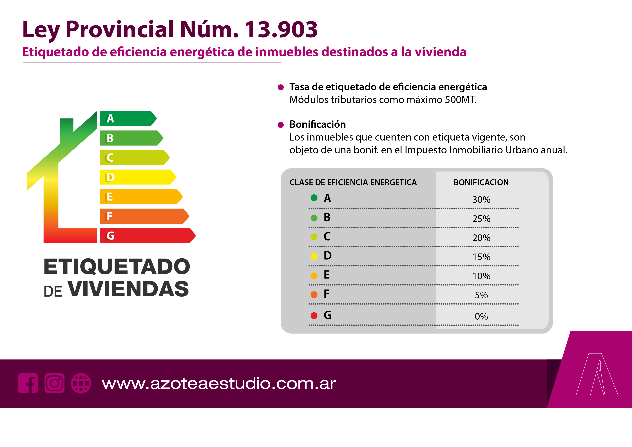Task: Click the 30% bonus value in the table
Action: pyautogui.click(x=481, y=200)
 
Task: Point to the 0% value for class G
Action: pyautogui.click(x=481, y=316)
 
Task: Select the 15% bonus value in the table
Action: pyautogui.click(x=481, y=257)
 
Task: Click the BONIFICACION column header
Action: pyautogui.click(x=481, y=182)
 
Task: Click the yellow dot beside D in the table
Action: pyautogui.click(x=314, y=256)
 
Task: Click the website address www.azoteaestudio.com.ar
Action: pyautogui.click(x=219, y=383)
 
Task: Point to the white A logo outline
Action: pyautogui.click(x=597, y=375)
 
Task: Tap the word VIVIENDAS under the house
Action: pyautogui.click(x=128, y=289)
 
